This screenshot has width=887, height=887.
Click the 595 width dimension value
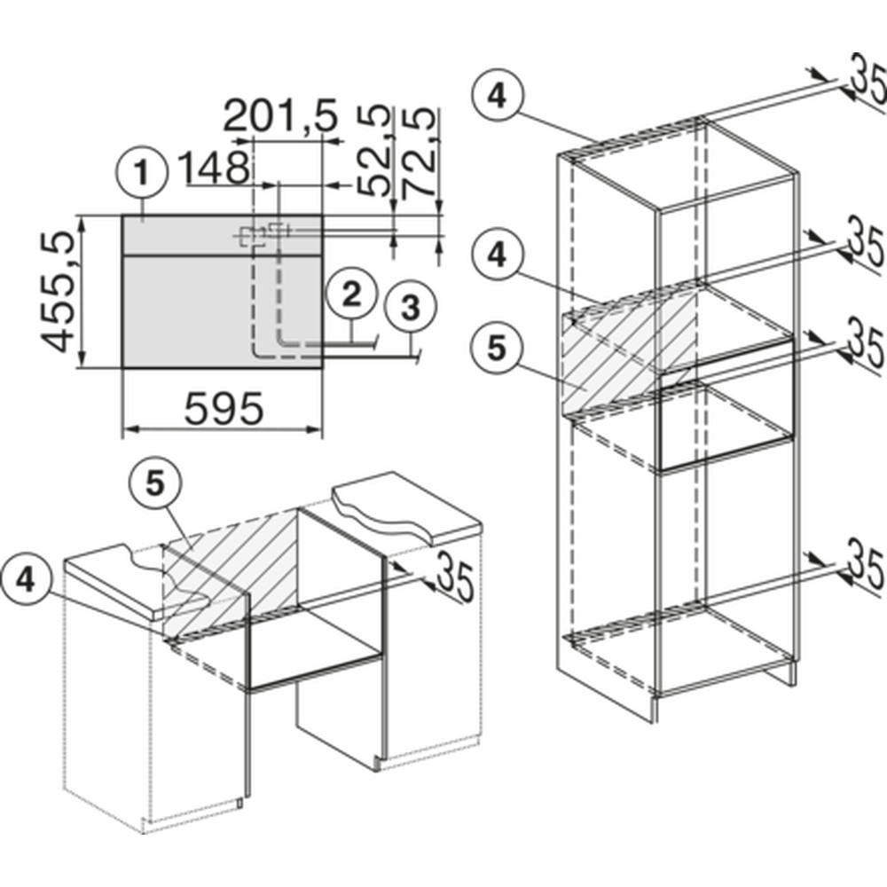pos(224,408)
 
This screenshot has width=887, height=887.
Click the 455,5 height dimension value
pos(59,292)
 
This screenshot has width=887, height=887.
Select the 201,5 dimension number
pos(280,116)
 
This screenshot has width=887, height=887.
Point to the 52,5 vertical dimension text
pos(374,151)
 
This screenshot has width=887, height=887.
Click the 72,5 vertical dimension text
pos(420,153)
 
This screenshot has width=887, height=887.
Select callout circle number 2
pos(351,294)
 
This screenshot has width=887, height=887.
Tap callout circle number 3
pos(410,309)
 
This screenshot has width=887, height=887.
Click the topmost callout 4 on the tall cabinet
pos(497,96)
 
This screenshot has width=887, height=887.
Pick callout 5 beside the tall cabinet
pos(497,349)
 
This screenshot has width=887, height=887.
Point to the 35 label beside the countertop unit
pos(454,576)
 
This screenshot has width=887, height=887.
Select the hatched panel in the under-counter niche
pos(229,571)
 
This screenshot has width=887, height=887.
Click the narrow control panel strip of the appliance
pos(223,235)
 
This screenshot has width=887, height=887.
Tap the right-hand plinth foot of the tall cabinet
pos(792,671)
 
